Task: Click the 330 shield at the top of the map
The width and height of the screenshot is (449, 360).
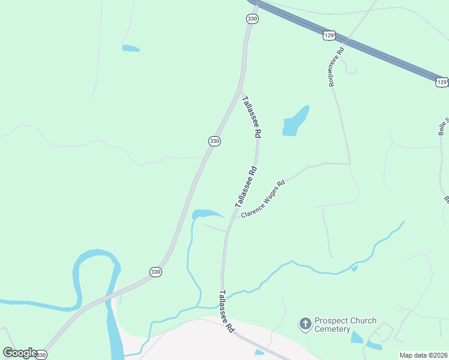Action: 252,19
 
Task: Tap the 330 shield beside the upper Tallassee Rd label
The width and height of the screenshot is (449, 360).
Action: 214,141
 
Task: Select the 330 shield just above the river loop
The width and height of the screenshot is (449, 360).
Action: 155,272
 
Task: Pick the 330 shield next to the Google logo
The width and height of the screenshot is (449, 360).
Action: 41,355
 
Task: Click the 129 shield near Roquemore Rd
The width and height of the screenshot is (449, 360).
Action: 328,36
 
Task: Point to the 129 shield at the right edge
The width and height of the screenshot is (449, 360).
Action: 441,82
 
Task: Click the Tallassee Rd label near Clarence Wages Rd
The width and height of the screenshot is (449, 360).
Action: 246,187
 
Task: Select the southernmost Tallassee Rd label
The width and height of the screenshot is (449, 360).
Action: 226,311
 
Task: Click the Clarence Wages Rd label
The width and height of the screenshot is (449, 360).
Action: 262,198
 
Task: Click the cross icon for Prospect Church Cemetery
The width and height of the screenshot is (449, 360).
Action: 306,325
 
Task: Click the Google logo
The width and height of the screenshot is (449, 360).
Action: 19,353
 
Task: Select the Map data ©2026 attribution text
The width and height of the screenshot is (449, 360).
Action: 424,355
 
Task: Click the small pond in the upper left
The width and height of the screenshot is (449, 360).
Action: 131,48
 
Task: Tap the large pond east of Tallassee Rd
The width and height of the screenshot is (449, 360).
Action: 296,122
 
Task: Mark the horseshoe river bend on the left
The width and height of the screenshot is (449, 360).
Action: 96,270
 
